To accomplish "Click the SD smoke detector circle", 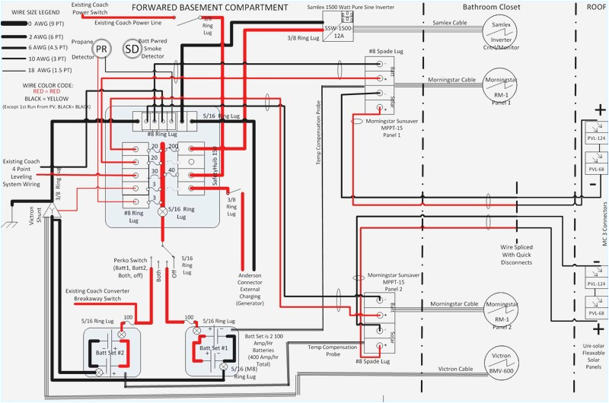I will pyautogui.click(x=132, y=49).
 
